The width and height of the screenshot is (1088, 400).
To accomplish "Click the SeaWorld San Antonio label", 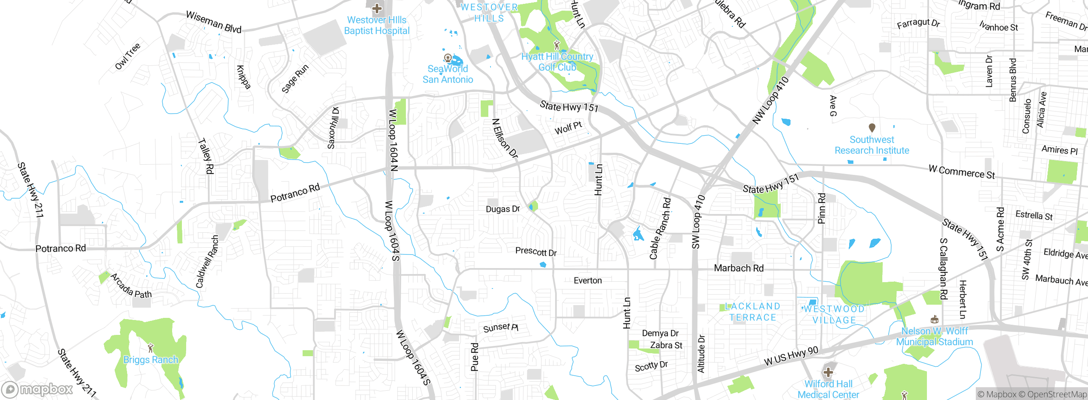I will coord(448,74).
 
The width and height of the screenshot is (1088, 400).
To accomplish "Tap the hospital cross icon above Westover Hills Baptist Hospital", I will coord(377,8).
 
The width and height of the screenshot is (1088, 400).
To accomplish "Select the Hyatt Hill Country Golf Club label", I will coord(557,62).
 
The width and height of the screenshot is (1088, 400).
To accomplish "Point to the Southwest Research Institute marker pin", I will coord(872,127).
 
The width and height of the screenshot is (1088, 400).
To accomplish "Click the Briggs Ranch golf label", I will coord(150,360).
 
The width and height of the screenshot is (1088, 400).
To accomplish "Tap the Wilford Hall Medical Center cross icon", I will coord(828,373).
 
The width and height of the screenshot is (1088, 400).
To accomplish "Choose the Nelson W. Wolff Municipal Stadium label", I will coord(934,336).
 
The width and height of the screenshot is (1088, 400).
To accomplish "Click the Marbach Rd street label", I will coord(739,268).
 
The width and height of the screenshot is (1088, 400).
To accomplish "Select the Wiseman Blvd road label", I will coord(214,22).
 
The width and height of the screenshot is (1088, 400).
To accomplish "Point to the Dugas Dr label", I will coord(503,209).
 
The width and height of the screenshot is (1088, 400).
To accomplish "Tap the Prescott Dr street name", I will coord(536,251).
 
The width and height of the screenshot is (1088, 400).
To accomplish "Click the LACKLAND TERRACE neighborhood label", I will coord(753,311).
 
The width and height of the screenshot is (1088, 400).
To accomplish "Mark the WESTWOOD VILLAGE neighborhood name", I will coord(834,314).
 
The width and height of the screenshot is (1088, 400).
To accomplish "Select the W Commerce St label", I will coord(961,172).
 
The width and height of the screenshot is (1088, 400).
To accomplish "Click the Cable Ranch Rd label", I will coord(660,229).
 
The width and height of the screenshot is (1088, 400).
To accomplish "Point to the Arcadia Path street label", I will coord(131,286).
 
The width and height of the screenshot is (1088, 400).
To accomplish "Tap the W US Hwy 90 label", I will coord(791,356).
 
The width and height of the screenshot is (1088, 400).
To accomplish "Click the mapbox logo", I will coord(37,389).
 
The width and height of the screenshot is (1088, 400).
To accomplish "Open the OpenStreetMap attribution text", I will coord(1057,394).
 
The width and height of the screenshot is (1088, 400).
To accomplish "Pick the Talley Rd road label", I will coord(206,156).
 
